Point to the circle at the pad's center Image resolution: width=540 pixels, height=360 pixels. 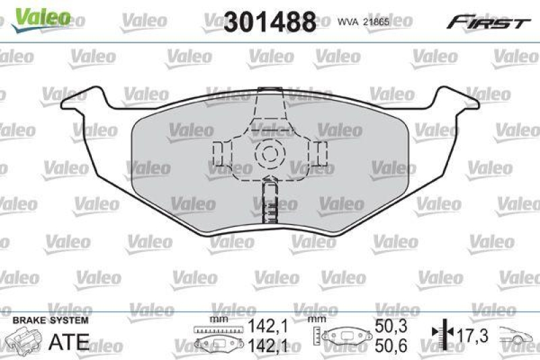[x=270, y=152]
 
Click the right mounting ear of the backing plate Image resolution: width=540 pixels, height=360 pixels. [x=455, y=102]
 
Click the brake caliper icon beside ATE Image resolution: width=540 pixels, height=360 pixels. [x=22, y=338]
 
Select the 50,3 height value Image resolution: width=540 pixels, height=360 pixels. [x=390, y=326]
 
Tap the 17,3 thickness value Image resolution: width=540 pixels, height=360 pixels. [x=472, y=334]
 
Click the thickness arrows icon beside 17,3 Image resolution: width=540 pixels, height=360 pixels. [x=439, y=332]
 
